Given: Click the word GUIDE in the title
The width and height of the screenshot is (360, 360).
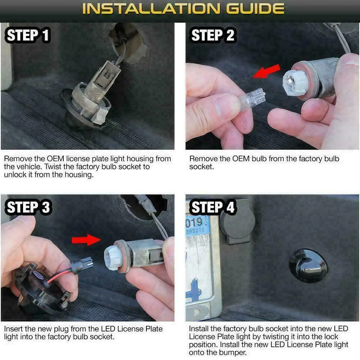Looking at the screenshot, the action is [x=255, y=9].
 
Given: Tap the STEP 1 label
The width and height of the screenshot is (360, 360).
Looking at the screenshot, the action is [x=28, y=35].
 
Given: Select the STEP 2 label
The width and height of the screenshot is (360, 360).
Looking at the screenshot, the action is [x=213, y=35].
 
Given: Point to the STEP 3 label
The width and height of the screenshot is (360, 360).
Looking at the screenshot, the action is [x=28, y=207].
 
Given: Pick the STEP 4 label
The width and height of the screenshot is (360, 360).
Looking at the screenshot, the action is [x=213, y=207].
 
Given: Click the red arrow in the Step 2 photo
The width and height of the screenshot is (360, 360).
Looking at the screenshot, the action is [x=266, y=72].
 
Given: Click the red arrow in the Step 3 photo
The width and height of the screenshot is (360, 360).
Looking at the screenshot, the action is [x=86, y=240].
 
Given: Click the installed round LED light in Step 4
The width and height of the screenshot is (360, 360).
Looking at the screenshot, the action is [x=308, y=266].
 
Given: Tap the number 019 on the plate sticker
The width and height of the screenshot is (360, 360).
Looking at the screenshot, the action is [x=194, y=222].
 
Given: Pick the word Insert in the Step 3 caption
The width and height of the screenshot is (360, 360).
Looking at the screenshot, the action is [x=13, y=329].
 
